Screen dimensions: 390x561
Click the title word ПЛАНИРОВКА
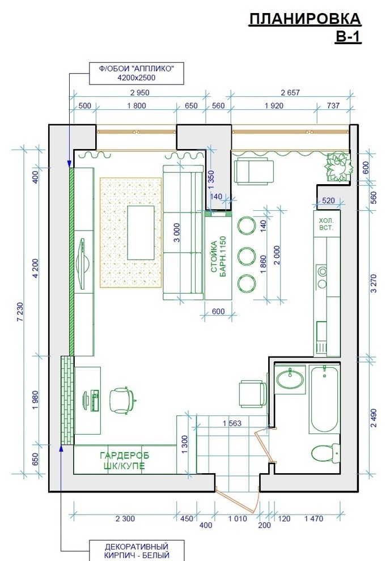coord(305,19)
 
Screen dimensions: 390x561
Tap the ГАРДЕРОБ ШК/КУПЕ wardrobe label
coord(124,461)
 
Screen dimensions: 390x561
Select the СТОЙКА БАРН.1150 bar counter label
coord(218,256)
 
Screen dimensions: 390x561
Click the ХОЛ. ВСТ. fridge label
coord(326,224)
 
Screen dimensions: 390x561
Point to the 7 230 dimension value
coord(20,312)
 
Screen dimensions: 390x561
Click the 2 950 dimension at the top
coord(140,93)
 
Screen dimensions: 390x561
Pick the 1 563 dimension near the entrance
coord(232,423)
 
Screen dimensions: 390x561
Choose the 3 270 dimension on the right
coord(374,283)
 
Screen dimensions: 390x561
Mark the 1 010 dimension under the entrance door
coord(238,518)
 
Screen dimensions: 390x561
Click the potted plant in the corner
coord(338,167)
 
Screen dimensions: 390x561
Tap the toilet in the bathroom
coord(325,453)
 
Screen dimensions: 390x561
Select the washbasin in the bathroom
coord(290,379)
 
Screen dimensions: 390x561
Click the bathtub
coord(324,399)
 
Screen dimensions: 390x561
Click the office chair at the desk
coord(122,401)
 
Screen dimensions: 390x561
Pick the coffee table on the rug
coord(141,232)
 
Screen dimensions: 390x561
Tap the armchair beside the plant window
coord(254,172)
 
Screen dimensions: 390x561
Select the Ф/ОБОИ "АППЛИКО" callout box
coord(136,74)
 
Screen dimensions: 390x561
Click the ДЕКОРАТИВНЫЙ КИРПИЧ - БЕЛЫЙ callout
coord(136,551)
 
